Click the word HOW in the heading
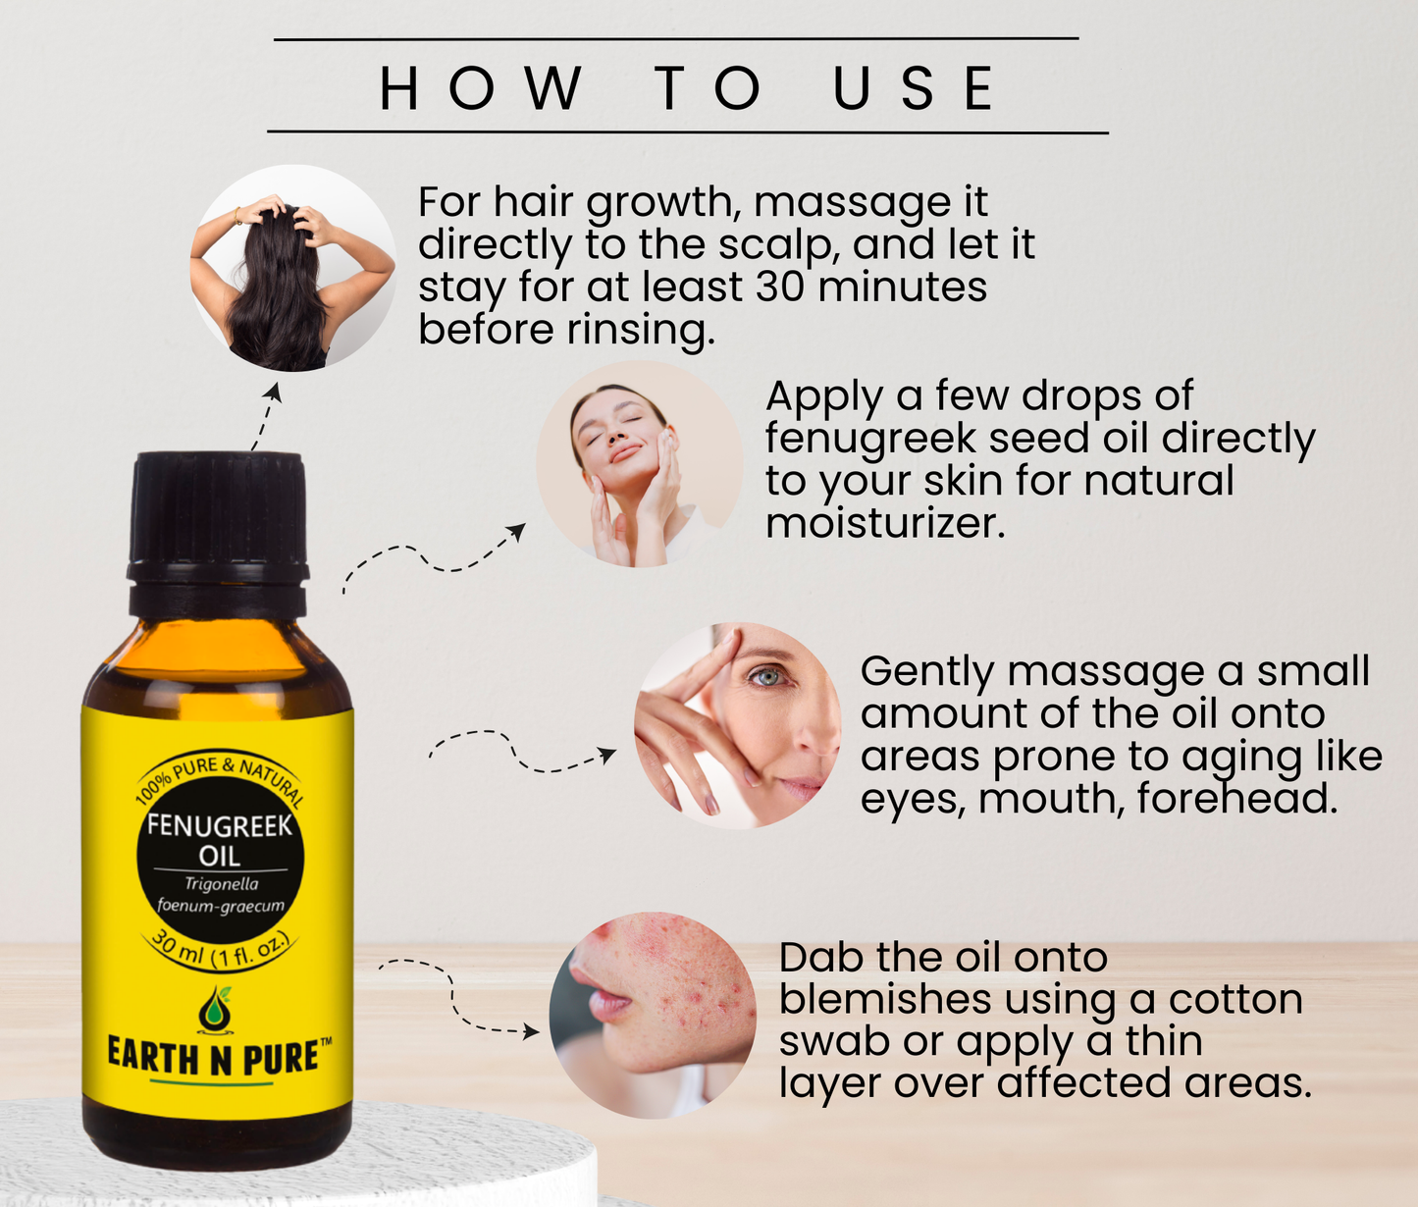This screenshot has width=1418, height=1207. click(481, 88)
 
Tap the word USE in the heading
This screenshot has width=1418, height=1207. click(914, 88)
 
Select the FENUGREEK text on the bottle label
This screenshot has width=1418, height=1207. click(219, 825)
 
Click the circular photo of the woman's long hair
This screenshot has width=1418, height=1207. click(293, 268)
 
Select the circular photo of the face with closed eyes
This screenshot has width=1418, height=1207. click(640, 464)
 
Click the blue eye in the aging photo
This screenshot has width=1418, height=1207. click(765, 678)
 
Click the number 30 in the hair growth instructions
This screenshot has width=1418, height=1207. click(778, 287)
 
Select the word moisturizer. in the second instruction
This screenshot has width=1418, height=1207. click(885, 524)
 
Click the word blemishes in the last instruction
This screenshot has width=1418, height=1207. click(885, 999)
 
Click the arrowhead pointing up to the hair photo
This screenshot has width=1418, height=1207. click(275, 392)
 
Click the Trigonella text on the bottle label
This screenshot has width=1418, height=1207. click(221, 884)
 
